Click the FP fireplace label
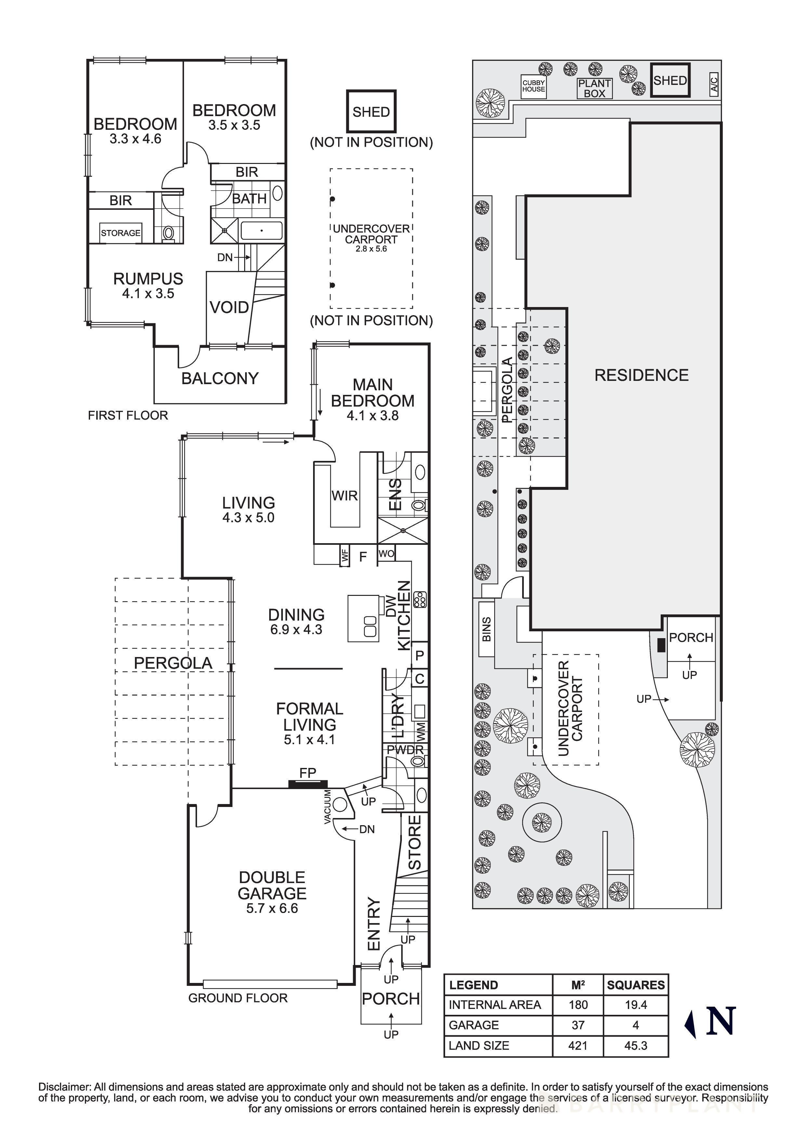307,773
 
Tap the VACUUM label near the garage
328,807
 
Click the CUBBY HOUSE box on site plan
533,86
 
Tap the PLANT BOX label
594,88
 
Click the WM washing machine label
420,730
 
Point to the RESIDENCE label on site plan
641,375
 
